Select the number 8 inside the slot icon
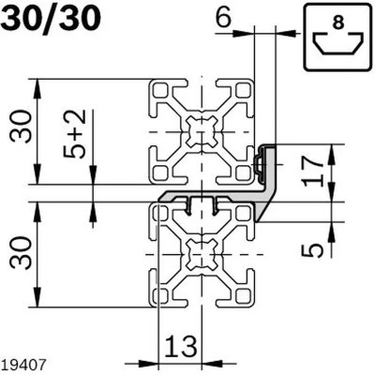(x=338, y=24)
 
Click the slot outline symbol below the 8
(x=338, y=46)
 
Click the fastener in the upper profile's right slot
(x=258, y=163)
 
